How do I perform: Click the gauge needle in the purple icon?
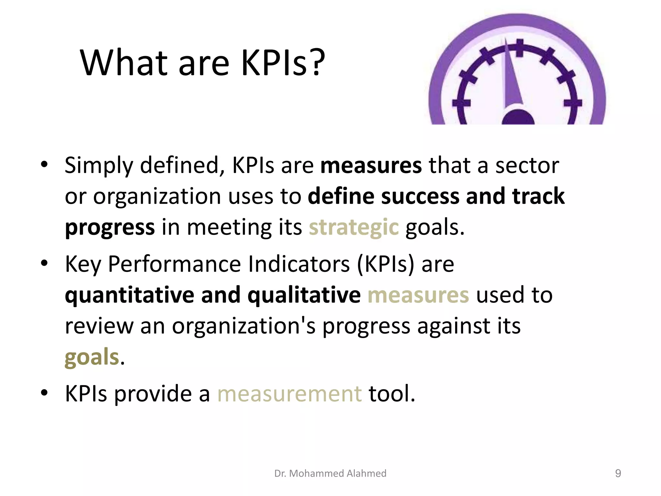click(x=514, y=77)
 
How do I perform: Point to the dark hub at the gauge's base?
click(x=518, y=118)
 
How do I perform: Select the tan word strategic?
click(x=354, y=227)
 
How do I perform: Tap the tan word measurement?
click(x=290, y=394)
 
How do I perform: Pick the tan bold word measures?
click(x=418, y=295)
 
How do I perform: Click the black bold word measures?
click(x=371, y=165)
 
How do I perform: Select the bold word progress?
click(x=110, y=227)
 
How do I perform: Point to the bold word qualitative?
click(x=304, y=295)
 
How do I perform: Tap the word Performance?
click(x=174, y=264)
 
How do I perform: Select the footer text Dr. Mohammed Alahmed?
click(x=330, y=473)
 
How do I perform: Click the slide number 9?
click(x=618, y=473)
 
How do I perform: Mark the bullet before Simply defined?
click(x=44, y=165)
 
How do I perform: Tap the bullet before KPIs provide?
click(x=44, y=393)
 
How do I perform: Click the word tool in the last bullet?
click(x=392, y=394)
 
